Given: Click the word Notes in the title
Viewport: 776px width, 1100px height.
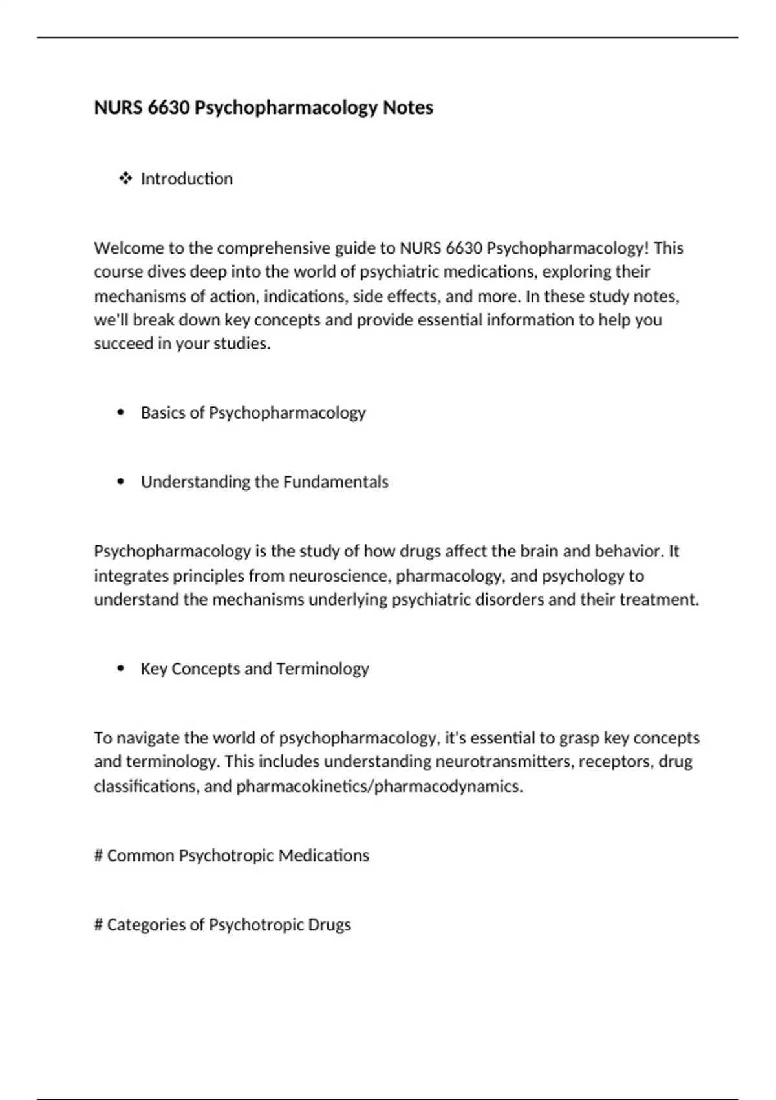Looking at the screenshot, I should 407,107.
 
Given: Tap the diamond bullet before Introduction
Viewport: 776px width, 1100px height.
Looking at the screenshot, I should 125,179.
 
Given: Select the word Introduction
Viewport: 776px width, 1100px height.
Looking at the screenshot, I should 187,179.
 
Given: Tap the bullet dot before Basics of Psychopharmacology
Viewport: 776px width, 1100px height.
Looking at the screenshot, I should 121,413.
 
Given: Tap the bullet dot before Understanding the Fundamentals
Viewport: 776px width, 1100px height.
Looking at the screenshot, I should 121,482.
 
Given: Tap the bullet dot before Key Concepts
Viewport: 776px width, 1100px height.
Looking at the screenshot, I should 121,668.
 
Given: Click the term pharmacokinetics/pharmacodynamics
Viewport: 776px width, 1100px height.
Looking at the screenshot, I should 379,786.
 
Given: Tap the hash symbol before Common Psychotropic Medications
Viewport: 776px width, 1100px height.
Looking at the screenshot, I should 99,855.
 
